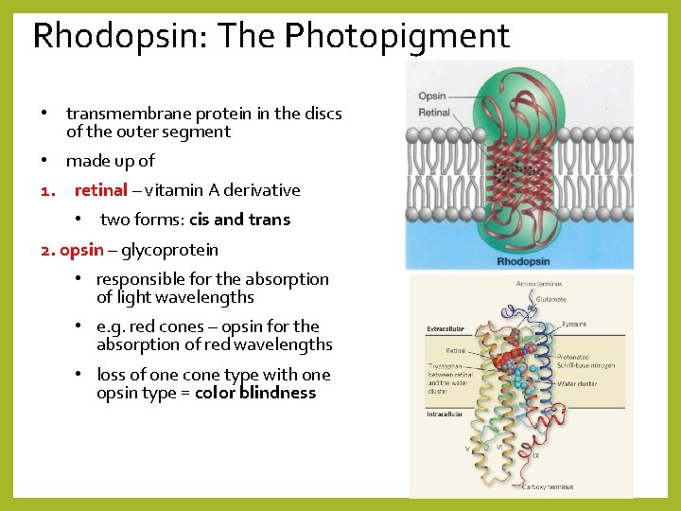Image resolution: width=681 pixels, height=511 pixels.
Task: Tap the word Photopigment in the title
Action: click(397, 37)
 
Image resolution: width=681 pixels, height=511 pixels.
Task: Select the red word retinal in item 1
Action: click(100, 190)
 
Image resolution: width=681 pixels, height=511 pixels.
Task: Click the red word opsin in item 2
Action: click(81, 250)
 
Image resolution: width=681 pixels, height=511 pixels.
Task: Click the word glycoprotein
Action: click(169, 250)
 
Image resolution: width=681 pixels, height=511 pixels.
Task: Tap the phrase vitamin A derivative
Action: click(222, 190)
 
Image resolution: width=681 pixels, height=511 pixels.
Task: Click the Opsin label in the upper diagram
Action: click(432, 97)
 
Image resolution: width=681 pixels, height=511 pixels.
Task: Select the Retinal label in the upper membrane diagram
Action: click(434, 113)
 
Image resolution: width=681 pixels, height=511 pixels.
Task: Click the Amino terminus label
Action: click(538, 284)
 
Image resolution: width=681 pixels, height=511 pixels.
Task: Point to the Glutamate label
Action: click(551, 299)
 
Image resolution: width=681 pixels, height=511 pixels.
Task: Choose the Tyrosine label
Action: click(574, 325)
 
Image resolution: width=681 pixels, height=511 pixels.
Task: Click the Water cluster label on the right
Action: click(578, 384)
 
